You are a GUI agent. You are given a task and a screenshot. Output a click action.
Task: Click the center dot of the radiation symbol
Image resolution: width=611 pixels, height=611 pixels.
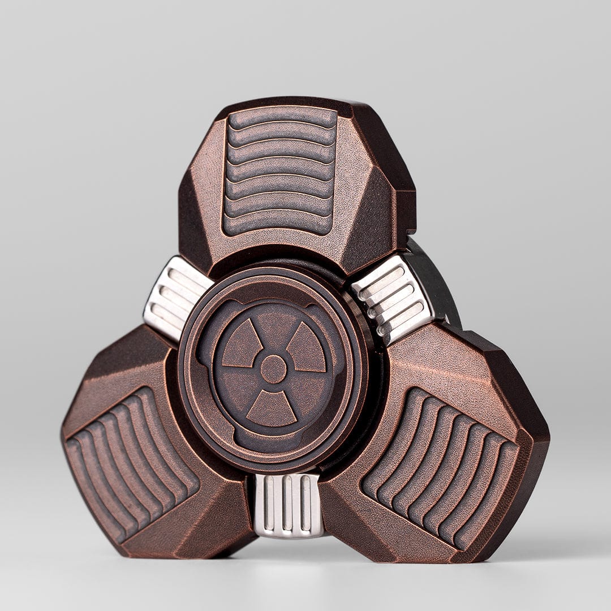click(x=273, y=369)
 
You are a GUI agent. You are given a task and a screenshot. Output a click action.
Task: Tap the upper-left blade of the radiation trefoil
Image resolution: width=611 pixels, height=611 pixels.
click(x=242, y=345)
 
